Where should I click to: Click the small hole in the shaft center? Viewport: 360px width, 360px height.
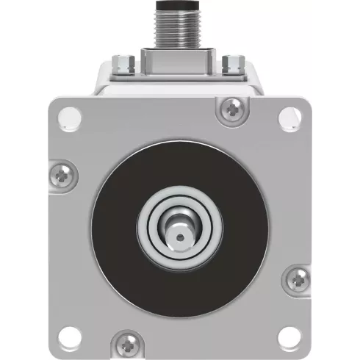click(179, 236)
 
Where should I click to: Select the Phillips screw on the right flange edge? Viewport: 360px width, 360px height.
click(298, 278)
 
